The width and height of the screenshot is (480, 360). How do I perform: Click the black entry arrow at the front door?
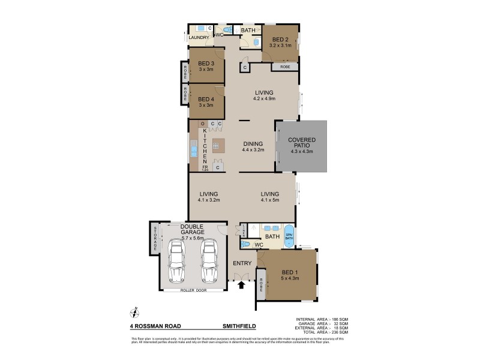(242, 286)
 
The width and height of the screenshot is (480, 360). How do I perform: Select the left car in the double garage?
(177, 262)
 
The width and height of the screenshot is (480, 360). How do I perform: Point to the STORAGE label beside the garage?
(155, 238)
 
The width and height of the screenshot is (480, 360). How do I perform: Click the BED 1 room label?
(289, 275)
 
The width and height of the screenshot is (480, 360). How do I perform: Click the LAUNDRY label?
(199, 38)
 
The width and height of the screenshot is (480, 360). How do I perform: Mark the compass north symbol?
(134, 311)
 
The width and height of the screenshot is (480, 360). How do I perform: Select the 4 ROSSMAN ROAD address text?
(155, 326)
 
